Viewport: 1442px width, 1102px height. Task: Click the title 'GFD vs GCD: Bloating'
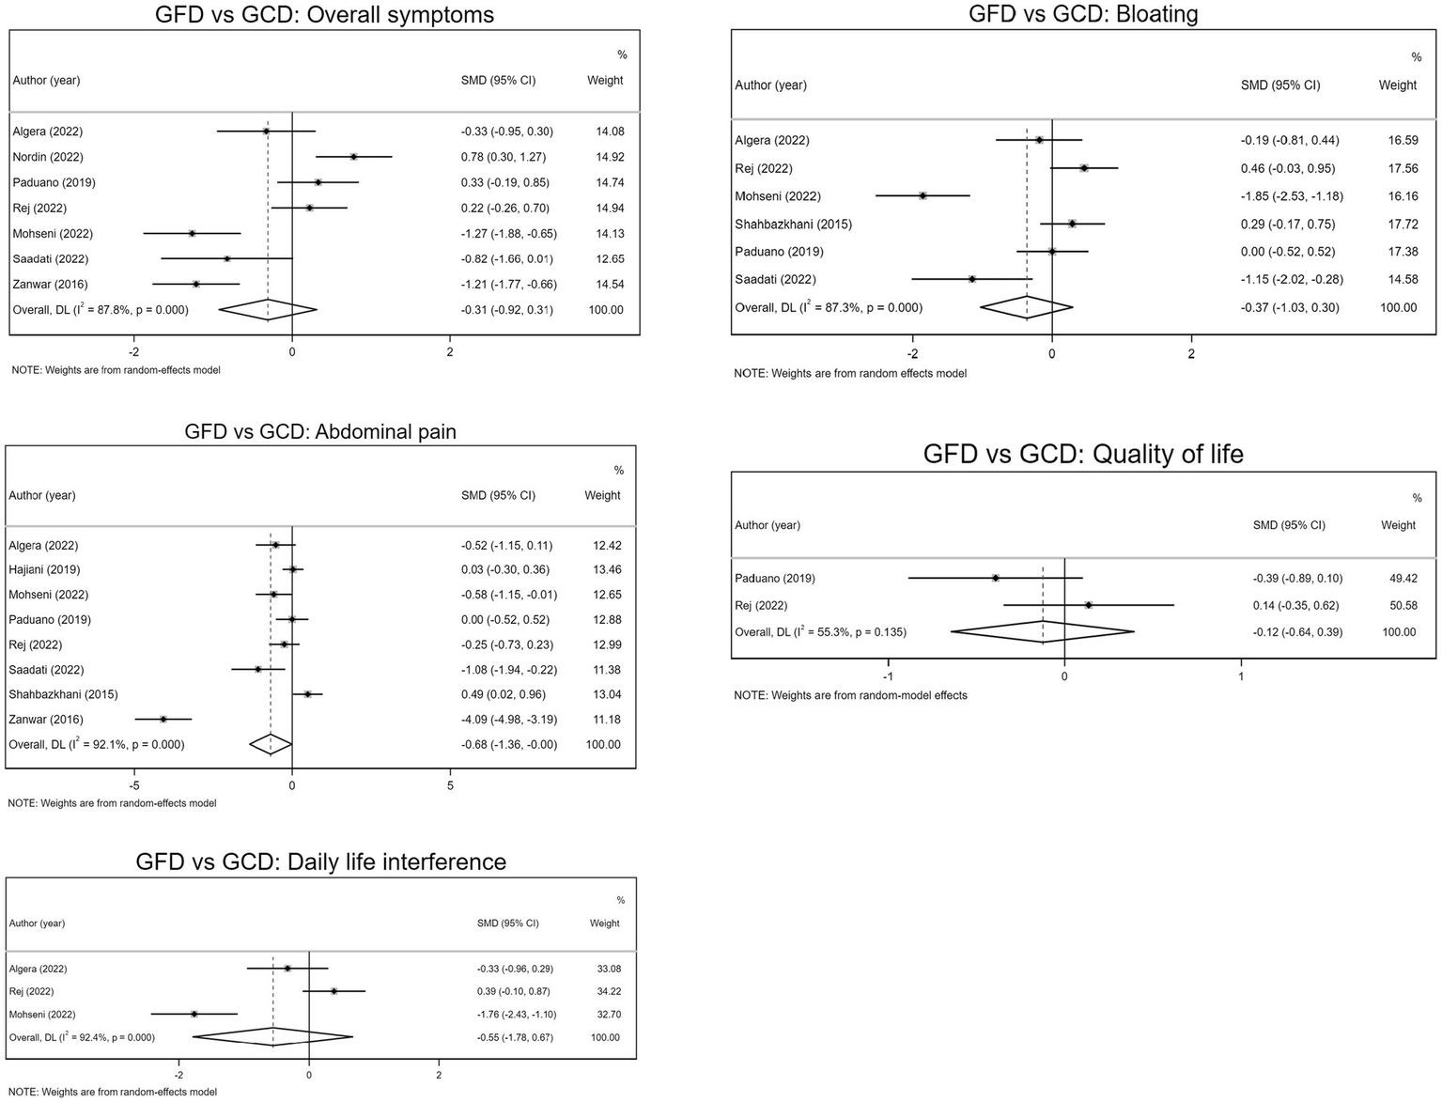pos(1083,14)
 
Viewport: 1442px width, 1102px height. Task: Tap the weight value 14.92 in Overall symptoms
pos(605,157)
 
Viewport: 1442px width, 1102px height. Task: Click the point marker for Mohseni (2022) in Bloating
pos(923,196)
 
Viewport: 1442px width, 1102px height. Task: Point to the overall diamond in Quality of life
pos(1043,632)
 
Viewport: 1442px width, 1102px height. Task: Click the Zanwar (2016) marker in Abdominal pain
pos(163,720)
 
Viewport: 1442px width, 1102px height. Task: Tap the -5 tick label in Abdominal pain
pos(133,785)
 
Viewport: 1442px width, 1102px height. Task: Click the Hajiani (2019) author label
pos(44,569)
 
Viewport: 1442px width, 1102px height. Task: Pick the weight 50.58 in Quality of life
pos(1398,606)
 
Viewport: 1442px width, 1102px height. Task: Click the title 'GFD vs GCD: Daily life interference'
pos(320,862)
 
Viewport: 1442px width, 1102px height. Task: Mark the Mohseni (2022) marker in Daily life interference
pos(194,1015)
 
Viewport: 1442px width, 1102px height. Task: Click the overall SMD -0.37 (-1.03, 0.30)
pos(1290,307)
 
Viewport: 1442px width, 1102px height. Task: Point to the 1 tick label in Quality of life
pos(1241,676)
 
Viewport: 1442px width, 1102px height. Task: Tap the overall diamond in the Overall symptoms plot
pos(268,310)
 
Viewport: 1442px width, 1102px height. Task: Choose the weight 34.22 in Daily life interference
pos(605,992)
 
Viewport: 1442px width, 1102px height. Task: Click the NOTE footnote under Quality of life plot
pos(850,695)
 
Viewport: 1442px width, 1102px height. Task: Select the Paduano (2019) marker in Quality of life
pos(995,579)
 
